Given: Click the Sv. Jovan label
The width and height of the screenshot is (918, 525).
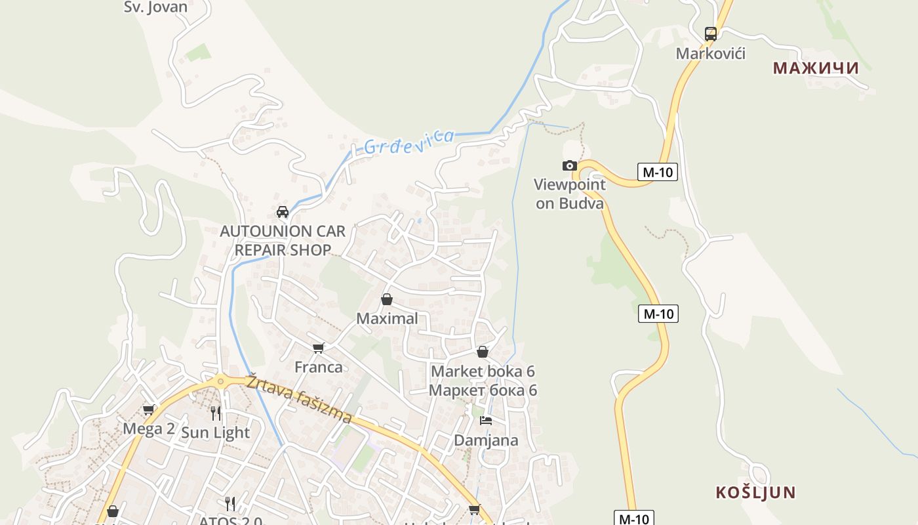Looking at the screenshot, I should point(155,7).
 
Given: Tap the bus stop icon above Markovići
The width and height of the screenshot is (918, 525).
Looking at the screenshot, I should point(710,33).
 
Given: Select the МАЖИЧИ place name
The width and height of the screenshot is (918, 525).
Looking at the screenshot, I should point(816,68).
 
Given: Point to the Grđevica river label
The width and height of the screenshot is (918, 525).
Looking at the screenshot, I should point(409,141).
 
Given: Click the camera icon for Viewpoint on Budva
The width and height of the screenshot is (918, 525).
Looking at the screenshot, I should point(570,165).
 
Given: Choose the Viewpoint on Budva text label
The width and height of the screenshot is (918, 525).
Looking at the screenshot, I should point(569,194).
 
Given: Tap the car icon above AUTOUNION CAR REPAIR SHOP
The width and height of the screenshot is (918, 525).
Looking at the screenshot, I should point(283,212).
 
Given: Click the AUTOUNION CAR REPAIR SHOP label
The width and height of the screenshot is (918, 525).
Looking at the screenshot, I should point(283,240).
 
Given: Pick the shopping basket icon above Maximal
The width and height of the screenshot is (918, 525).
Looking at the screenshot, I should point(387,299).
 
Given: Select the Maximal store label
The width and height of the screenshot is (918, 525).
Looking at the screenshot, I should point(387,318).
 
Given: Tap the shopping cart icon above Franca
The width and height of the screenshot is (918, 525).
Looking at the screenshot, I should point(318,348).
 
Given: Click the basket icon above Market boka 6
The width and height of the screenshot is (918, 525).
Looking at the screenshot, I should point(483,352).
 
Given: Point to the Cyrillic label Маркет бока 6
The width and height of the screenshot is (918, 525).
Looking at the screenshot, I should point(483,390).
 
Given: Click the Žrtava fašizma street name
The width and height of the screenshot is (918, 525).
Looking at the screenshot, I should point(299,399).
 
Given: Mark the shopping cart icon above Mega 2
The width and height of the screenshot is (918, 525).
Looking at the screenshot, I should point(149,410).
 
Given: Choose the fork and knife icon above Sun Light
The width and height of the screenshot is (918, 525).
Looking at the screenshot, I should point(215,413).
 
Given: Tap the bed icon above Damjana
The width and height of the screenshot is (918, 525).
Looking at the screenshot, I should point(486,421).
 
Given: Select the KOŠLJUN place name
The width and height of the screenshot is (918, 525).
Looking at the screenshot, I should point(755,492).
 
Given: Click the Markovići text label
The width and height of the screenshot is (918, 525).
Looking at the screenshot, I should point(711,53).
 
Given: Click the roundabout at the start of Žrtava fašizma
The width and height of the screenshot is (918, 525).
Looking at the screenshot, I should point(221,380).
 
